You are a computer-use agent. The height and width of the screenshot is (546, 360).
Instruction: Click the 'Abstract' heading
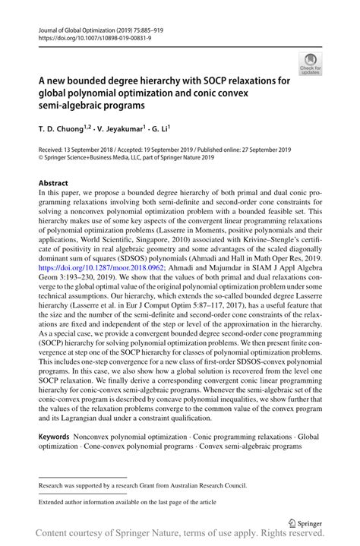point(53,184)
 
